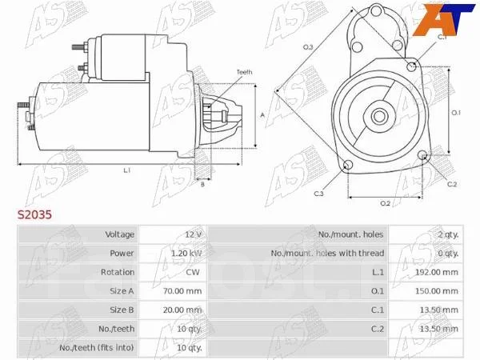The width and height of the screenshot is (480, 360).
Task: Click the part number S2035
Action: click(x=34, y=214)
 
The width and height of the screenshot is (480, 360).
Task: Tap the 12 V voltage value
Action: click(x=193, y=234)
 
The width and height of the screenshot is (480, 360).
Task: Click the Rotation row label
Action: click(x=118, y=272)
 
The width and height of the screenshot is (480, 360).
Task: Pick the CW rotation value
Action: click(x=193, y=272)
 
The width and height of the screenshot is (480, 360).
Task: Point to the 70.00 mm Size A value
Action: click(x=182, y=291)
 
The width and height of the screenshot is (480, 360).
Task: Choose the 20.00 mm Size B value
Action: click(x=182, y=310)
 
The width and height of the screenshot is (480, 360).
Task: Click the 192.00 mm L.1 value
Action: click(x=437, y=272)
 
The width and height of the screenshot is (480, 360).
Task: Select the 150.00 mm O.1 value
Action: click(x=437, y=291)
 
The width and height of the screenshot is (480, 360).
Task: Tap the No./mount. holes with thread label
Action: click(x=327, y=253)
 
